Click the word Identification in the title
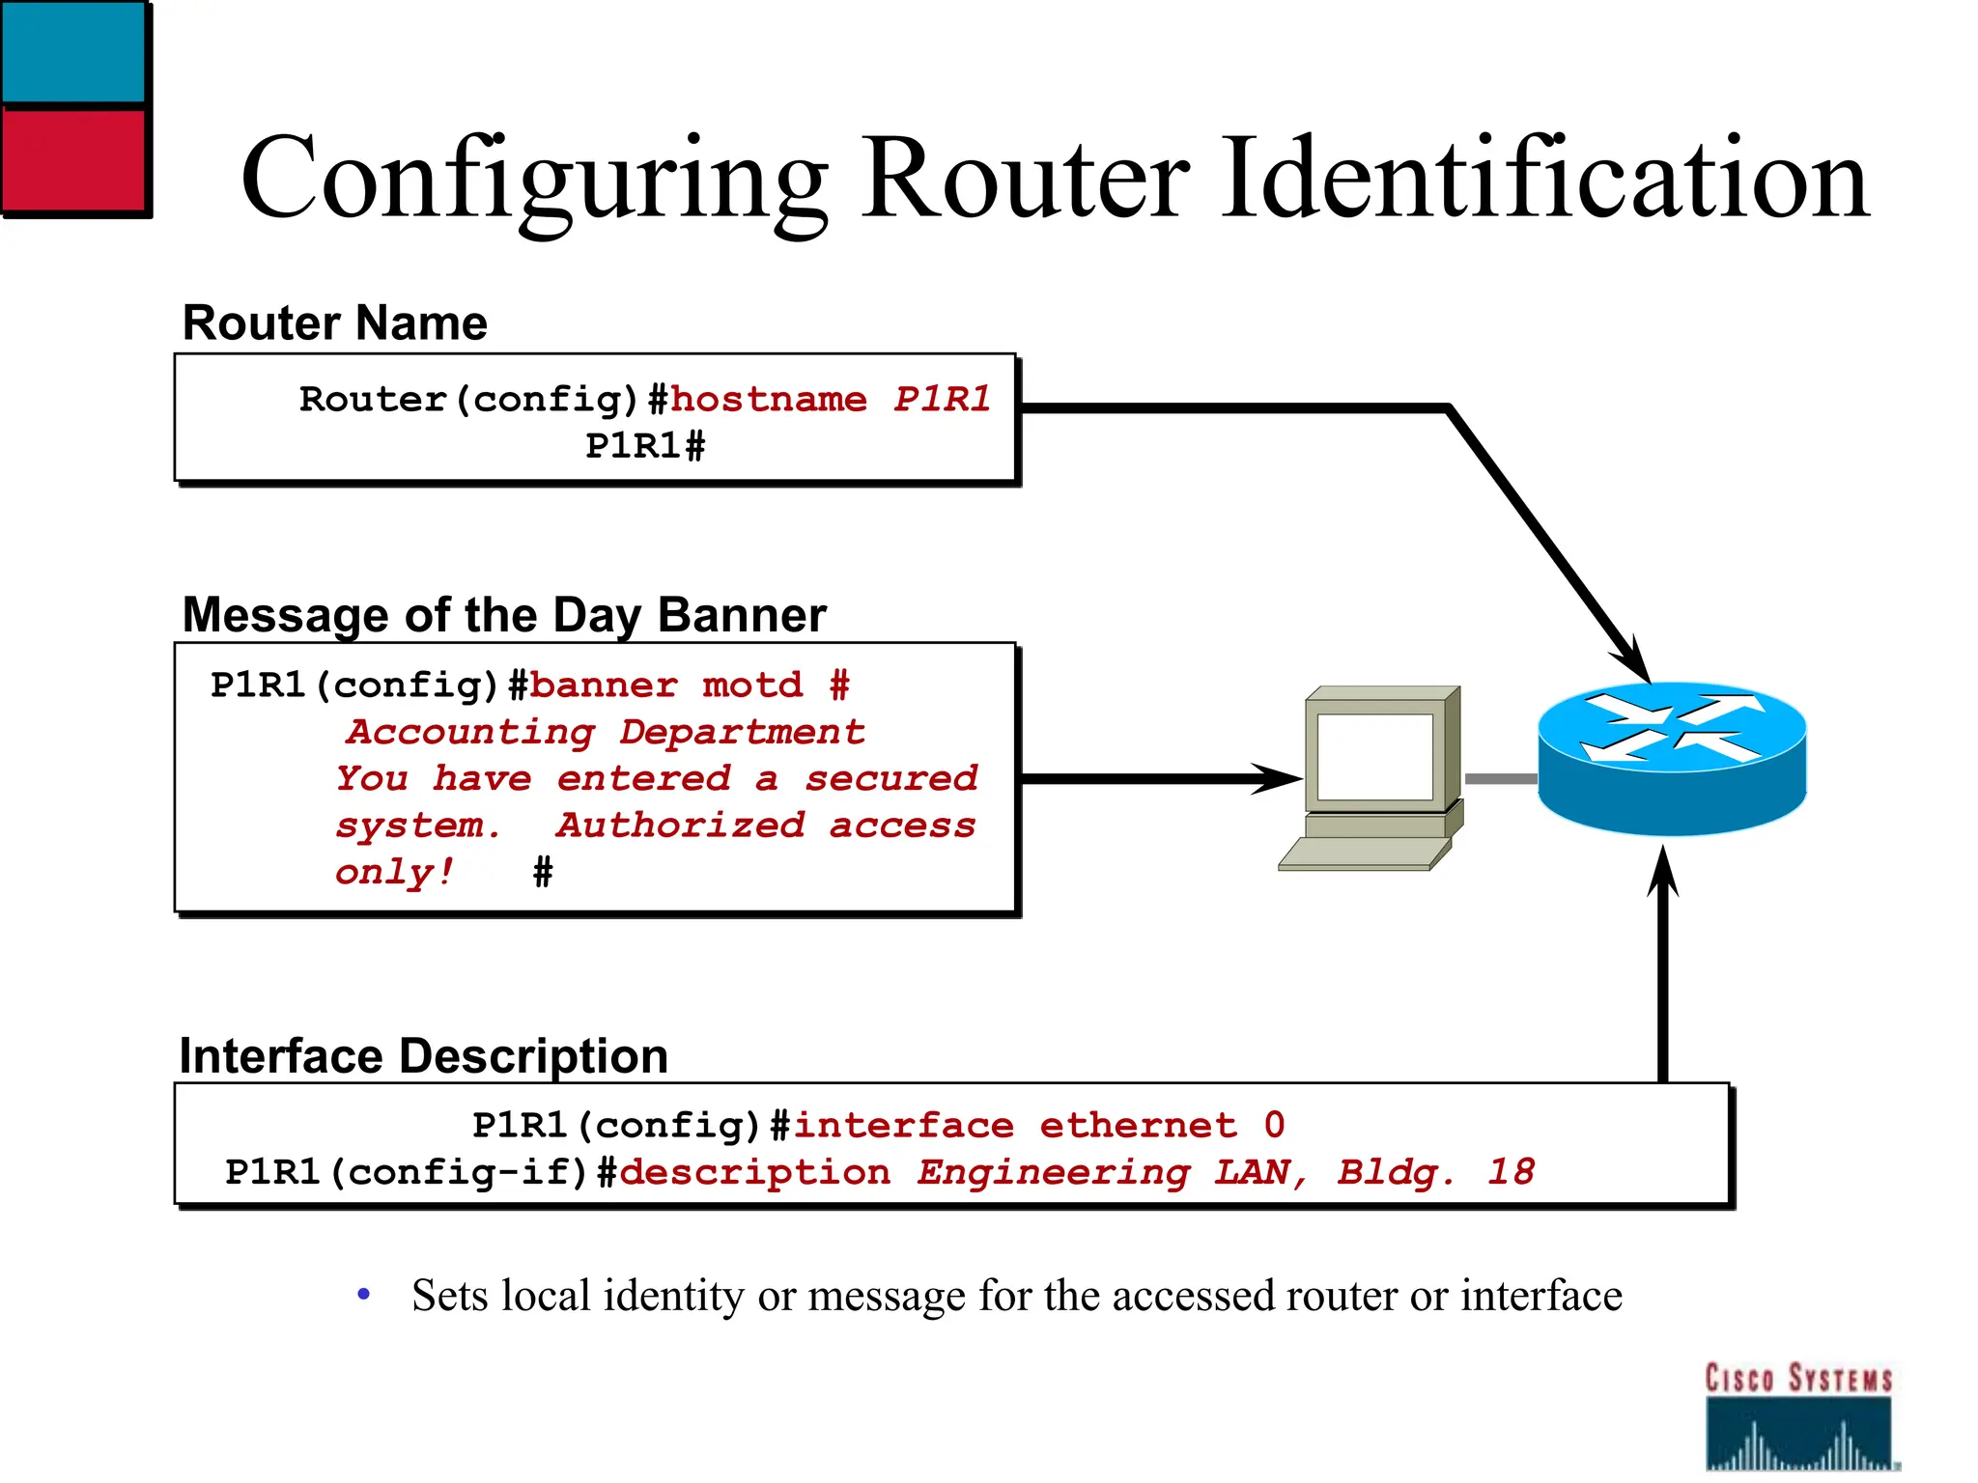pos(1545,179)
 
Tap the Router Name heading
pos(334,322)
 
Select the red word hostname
pos(769,399)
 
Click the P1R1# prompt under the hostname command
pos(645,446)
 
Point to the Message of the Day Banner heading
pos(503,615)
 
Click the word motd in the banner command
pos(752,686)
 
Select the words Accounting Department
pos(606,732)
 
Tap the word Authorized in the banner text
pos(680,825)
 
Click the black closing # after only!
pos(543,873)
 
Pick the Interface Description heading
pos(423,1055)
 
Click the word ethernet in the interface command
pos(1138,1126)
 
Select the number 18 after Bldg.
pos(1511,1172)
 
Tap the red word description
pos(754,1172)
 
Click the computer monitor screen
pos(1374,757)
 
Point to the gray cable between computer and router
pos(1500,778)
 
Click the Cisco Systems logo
pos(1797,1415)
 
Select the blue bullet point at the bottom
pos(363,1294)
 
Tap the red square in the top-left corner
pos(73,158)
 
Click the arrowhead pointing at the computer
pos(1280,778)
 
